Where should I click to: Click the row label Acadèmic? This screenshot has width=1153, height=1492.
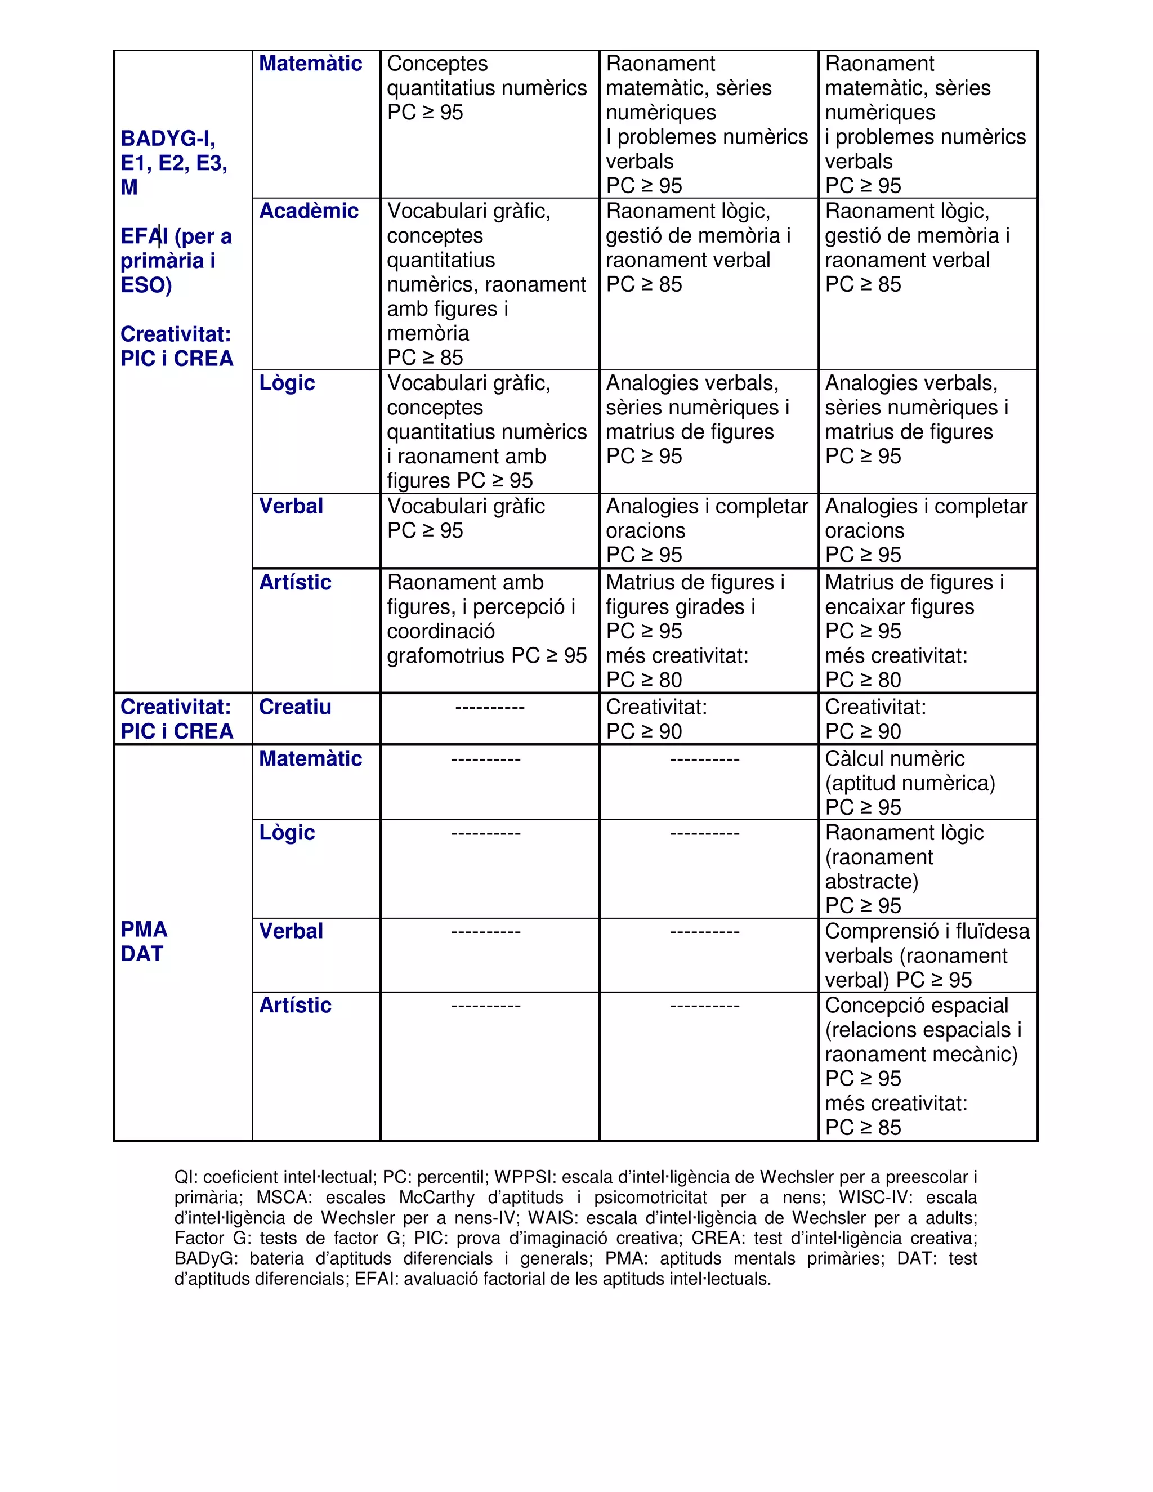pyautogui.click(x=309, y=211)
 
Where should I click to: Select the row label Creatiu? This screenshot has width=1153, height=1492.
pyautogui.click(x=295, y=707)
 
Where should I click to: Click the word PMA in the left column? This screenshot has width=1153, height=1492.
pyautogui.click(x=144, y=929)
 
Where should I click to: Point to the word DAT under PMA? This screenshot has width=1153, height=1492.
pyautogui.click(x=142, y=954)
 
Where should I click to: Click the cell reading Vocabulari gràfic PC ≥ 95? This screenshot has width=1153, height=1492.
pyautogui.click(x=466, y=519)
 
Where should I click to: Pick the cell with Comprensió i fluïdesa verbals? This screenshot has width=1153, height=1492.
pyautogui.click(x=927, y=955)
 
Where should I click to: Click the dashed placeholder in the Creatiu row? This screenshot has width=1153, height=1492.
pyautogui.click(x=490, y=708)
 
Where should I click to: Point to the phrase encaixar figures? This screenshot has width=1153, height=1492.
pyautogui.click(x=900, y=606)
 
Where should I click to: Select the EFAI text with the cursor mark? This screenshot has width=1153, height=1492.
pyautogui.click(x=144, y=236)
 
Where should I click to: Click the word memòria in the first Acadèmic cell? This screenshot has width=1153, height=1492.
pyautogui.click(x=428, y=333)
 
